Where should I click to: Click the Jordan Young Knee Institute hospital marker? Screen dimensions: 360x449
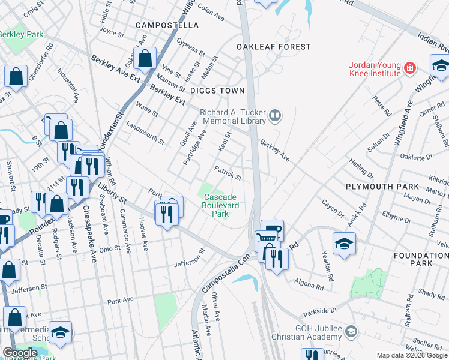click(x=410, y=68)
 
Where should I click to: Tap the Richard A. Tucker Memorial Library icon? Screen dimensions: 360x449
click(x=275, y=115)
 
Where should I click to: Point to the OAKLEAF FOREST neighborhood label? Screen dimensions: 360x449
click(x=274, y=46)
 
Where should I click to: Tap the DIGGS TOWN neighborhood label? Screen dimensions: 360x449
click(x=217, y=91)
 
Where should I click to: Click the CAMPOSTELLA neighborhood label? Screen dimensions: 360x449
click(x=167, y=25)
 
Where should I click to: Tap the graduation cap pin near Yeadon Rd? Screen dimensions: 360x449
click(x=344, y=244)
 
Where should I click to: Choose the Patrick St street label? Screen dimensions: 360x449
click(x=228, y=173)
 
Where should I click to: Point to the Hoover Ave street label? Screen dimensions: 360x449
click(x=144, y=238)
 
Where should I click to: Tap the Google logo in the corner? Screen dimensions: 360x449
click(x=19, y=353)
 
